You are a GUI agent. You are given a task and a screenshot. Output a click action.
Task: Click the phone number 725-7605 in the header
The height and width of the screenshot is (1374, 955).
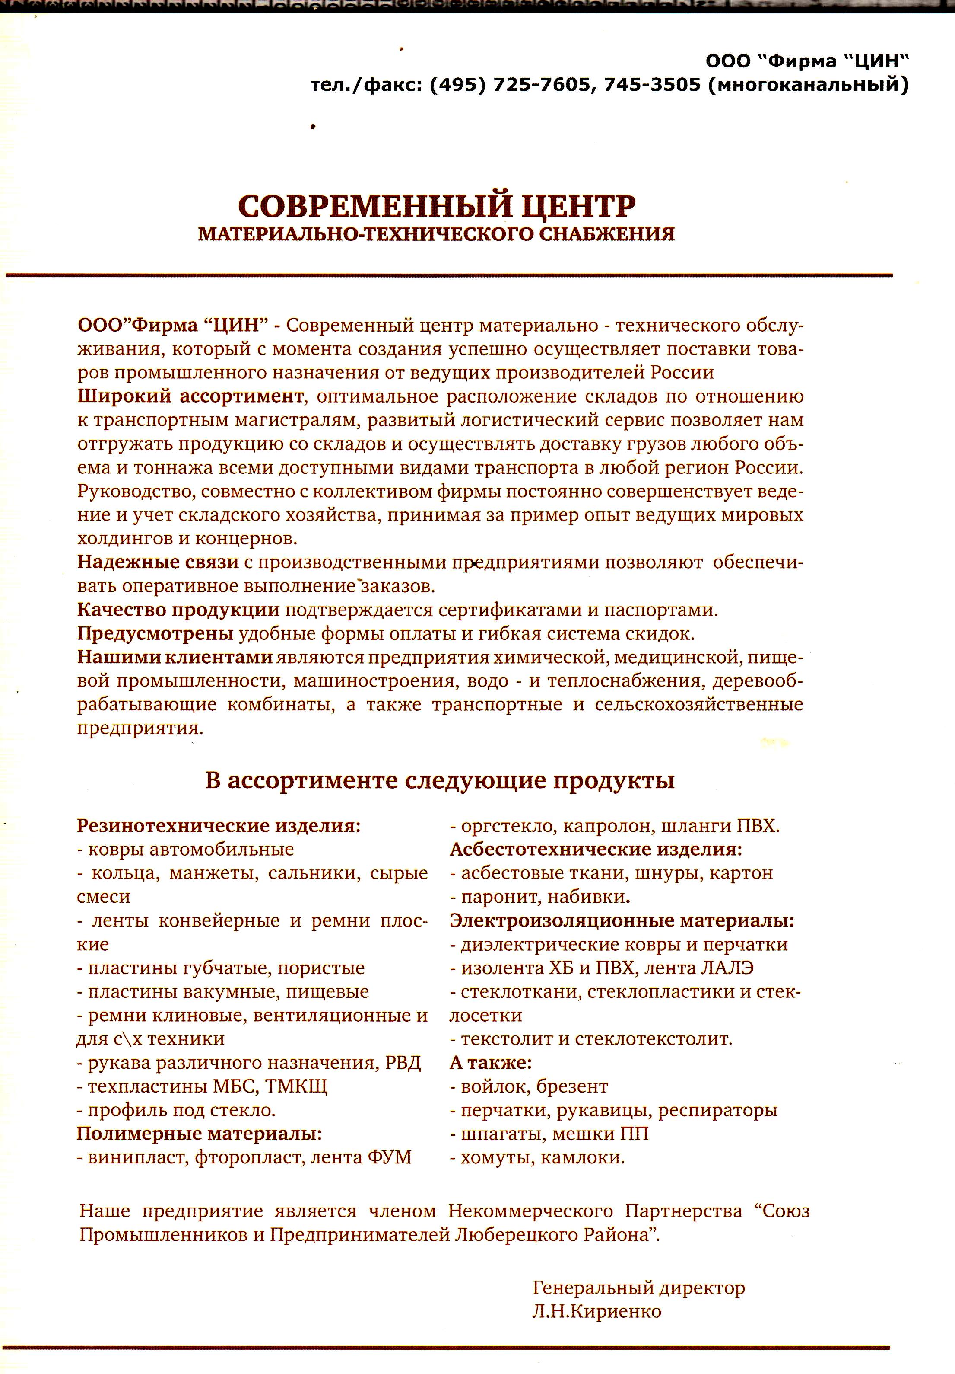click(541, 85)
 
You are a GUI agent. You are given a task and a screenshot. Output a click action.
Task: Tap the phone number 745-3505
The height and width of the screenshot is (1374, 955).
click(652, 85)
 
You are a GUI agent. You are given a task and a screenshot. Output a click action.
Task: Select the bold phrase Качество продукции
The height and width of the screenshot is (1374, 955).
click(178, 610)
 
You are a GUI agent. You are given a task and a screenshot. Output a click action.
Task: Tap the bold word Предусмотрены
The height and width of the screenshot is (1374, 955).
click(155, 633)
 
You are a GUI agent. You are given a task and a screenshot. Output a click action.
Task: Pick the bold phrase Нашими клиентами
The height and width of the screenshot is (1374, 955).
click(175, 657)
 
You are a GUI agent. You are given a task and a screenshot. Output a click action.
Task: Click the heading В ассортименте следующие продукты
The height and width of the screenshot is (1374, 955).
click(440, 780)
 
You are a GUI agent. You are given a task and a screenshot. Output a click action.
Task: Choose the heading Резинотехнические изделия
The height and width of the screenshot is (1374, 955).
click(219, 826)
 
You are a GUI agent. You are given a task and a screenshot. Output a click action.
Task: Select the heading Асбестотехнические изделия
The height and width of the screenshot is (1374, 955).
click(596, 849)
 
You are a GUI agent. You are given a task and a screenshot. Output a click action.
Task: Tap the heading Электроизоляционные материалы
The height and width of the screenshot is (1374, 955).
click(622, 920)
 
